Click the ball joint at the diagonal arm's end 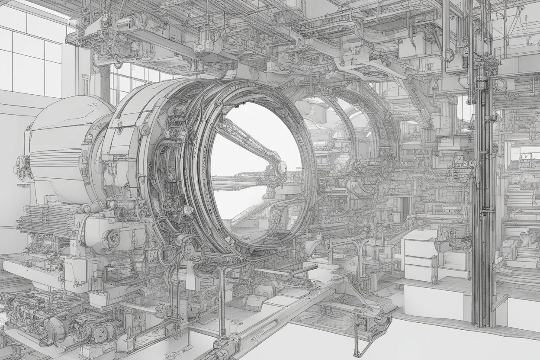click(280, 167)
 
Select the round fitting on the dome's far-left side click(20, 163)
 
